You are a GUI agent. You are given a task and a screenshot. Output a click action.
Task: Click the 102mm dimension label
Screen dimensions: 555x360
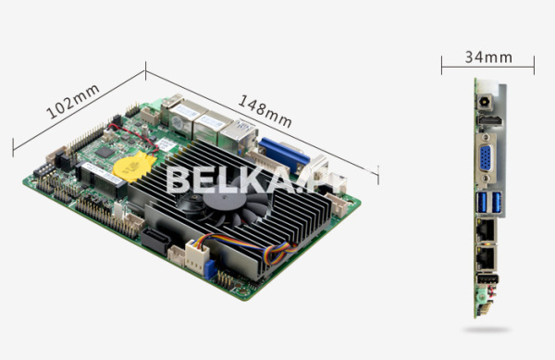[73, 102]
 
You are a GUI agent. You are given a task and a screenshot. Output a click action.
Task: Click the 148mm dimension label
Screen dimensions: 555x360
[265, 111]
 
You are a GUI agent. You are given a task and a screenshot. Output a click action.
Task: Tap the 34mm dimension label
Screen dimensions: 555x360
[488, 57]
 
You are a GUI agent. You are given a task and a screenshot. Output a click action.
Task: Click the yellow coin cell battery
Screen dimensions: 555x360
[133, 167]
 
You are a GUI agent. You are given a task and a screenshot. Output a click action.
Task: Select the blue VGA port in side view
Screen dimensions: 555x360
[486, 158]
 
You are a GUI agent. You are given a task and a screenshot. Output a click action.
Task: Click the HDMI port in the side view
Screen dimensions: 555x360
[490, 120]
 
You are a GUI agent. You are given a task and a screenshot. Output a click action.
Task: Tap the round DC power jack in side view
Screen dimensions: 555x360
[484, 103]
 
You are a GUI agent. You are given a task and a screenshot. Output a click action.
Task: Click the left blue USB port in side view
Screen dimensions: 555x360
[482, 202]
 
